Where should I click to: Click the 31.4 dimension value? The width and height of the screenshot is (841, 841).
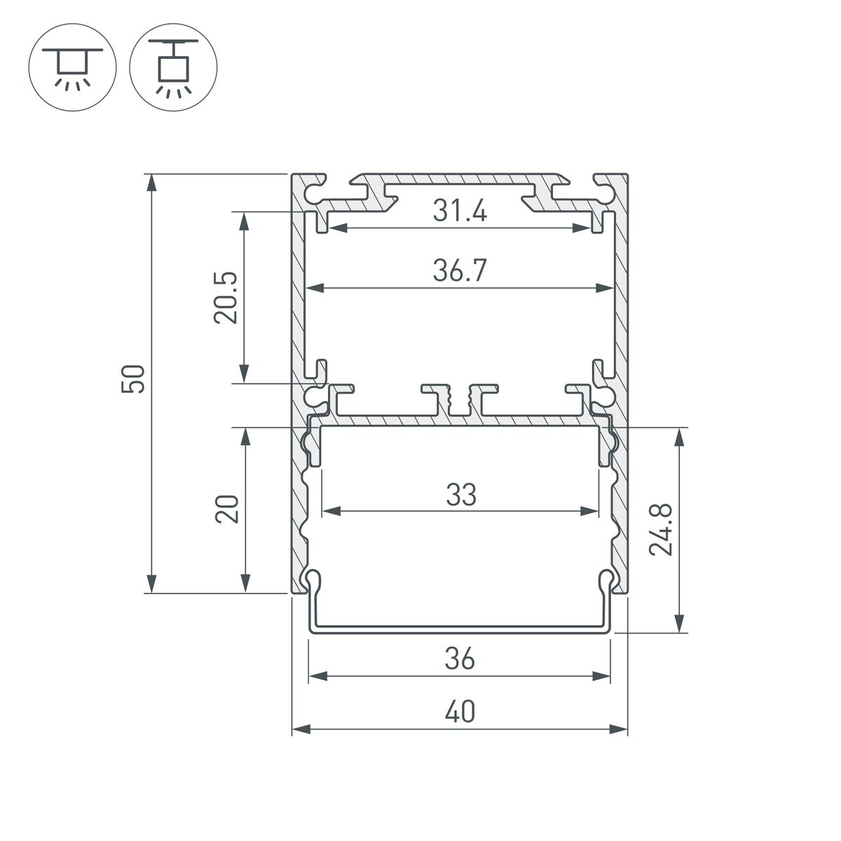coord(459,211)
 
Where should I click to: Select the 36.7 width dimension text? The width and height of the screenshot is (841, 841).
coord(459,271)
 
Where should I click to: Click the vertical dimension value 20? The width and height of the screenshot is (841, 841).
coord(227,510)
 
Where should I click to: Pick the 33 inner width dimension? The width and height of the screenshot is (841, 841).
coord(460,495)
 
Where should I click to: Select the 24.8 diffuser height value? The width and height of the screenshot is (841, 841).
coord(661,530)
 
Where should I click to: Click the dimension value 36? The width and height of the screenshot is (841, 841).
coord(459,659)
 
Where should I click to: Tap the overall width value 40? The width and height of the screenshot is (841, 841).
coord(459,712)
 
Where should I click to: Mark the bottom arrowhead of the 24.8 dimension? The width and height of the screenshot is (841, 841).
coord(678,623)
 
